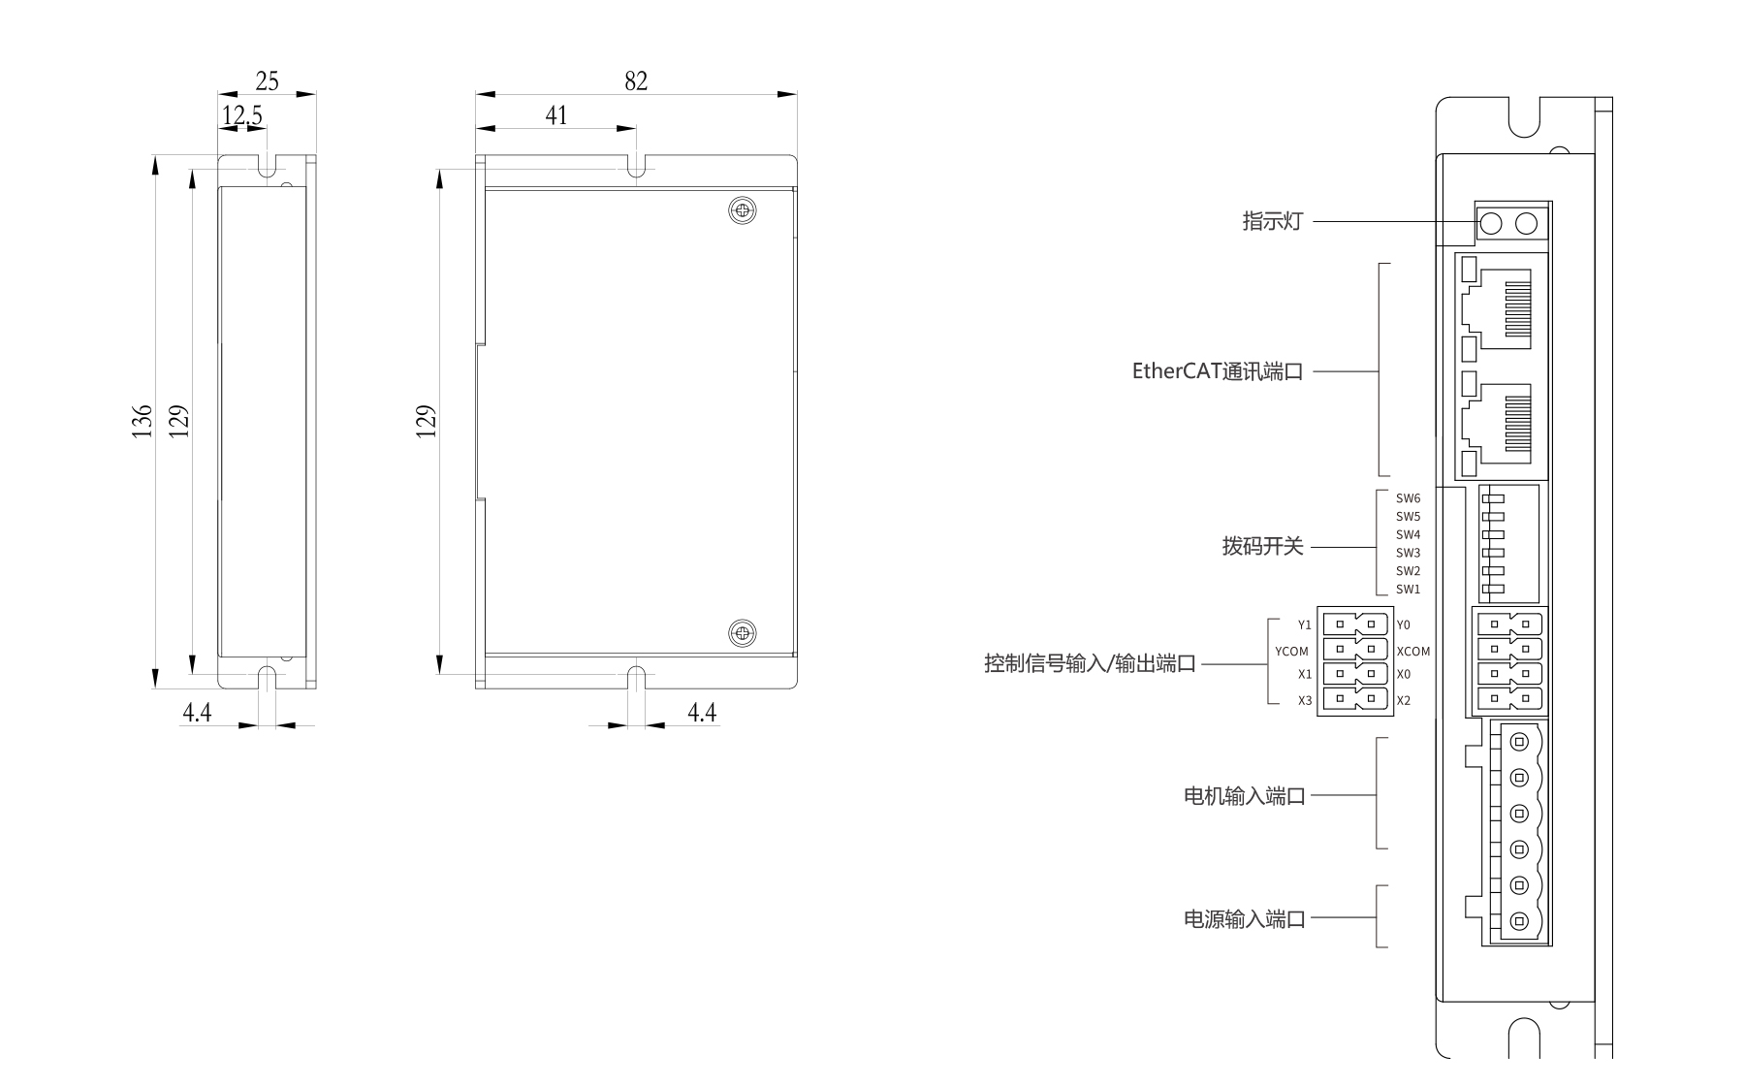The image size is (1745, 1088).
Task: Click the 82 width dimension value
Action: pos(636,81)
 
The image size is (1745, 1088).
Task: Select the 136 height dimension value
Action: pos(143,421)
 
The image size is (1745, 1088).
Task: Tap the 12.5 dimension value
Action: pos(241,115)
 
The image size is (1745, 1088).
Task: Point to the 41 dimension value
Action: pos(556,115)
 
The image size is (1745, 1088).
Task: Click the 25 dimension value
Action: pos(267,81)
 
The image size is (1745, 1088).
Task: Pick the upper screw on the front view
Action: pos(743,210)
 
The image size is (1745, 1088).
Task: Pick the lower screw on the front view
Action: pos(743,633)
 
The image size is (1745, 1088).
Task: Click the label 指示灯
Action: pos(1272,221)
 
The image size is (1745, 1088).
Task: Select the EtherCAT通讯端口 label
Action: pos(1217,371)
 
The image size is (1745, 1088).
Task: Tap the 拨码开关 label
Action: pos(1262,546)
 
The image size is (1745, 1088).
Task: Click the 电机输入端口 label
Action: pos(1245,796)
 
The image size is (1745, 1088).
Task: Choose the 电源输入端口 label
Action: pos(1245,918)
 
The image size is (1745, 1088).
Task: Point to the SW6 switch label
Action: pos(1408,498)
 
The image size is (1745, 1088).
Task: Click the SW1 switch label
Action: pos(1408,590)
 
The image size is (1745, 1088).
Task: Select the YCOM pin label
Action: pos(1291,652)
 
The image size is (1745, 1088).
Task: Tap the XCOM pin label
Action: pos(1413,652)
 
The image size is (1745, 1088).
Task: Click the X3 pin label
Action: pos(1305,700)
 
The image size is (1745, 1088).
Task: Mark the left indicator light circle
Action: pos(1491,224)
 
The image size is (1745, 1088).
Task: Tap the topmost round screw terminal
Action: pos(1519,742)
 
